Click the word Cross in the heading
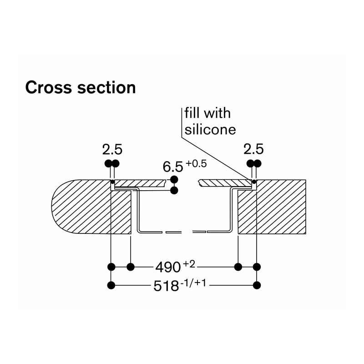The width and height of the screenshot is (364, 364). click(x=49, y=87)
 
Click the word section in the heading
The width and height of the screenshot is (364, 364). click(x=106, y=87)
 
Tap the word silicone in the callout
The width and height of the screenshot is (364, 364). click(x=210, y=129)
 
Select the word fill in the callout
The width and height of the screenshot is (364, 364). click(x=192, y=113)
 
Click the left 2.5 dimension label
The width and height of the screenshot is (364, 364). click(x=112, y=149)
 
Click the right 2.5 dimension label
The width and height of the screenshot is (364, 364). click(x=253, y=149)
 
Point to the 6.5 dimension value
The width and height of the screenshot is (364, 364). click(x=173, y=167)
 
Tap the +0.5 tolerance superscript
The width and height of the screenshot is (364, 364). click(x=196, y=164)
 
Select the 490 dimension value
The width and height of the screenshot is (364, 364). click(x=168, y=267)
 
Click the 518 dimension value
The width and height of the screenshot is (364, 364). click(x=166, y=286)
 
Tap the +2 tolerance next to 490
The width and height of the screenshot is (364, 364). click(x=189, y=264)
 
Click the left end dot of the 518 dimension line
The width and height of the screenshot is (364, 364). click(x=111, y=285)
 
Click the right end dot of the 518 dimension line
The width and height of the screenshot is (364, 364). click(x=257, y=285)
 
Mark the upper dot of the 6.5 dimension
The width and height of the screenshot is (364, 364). click(x=174, y=179)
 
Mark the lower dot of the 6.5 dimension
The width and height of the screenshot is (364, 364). click(x=174, y=191)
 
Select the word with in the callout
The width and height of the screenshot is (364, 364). click(x=217, y=113)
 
